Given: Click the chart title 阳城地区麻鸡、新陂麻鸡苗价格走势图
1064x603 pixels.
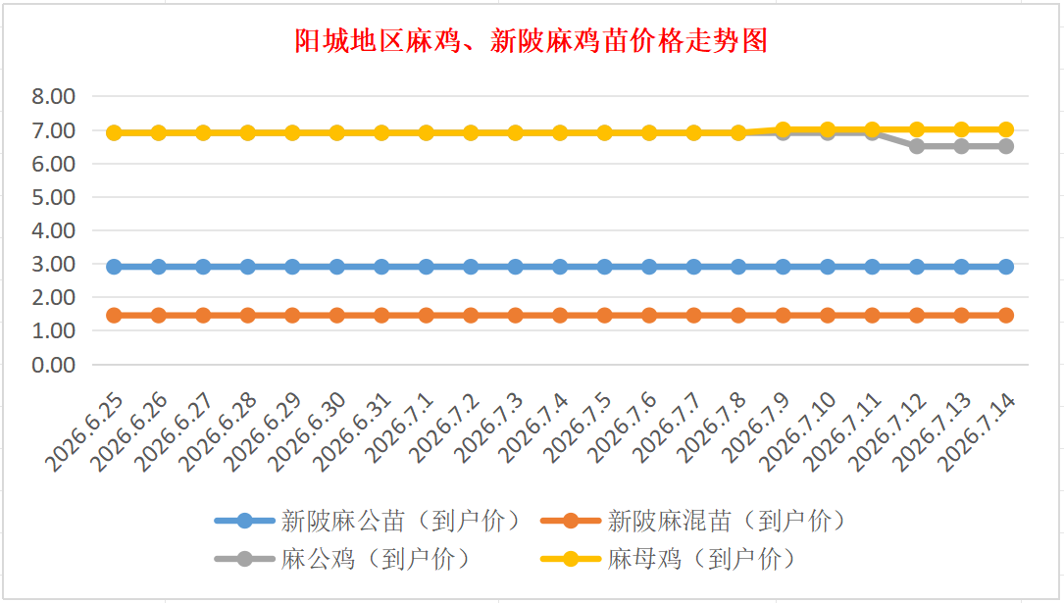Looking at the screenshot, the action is point(532,41).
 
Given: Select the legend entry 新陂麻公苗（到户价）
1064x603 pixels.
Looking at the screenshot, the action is point(369,521).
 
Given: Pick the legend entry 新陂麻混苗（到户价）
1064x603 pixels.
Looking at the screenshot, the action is point(695,521).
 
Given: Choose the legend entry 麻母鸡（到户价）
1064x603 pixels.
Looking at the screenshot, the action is point(670,559).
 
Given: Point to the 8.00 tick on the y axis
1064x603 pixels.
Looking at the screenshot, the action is point(54,96).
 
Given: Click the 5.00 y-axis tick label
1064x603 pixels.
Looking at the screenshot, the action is point(54,197).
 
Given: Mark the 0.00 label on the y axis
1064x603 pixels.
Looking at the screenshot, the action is point(54,364).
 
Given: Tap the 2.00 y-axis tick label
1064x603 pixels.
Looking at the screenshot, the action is point(54,297).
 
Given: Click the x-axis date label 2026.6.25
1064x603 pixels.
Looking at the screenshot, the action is point(84,431).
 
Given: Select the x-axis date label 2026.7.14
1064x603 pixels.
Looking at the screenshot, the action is point(977,431).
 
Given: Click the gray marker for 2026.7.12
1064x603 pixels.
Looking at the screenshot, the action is point(917,146).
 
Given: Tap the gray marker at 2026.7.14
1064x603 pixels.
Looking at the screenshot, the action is point(1005,146).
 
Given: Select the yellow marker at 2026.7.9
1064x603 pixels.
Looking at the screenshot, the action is point(784,129).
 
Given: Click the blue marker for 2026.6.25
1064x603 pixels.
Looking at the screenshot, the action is point(114,267).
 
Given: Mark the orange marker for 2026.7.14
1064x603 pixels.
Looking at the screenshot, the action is point(1005,316).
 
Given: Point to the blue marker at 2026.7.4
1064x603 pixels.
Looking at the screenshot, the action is point(560,267).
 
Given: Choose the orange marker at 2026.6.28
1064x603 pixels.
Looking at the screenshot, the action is point(248,316).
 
